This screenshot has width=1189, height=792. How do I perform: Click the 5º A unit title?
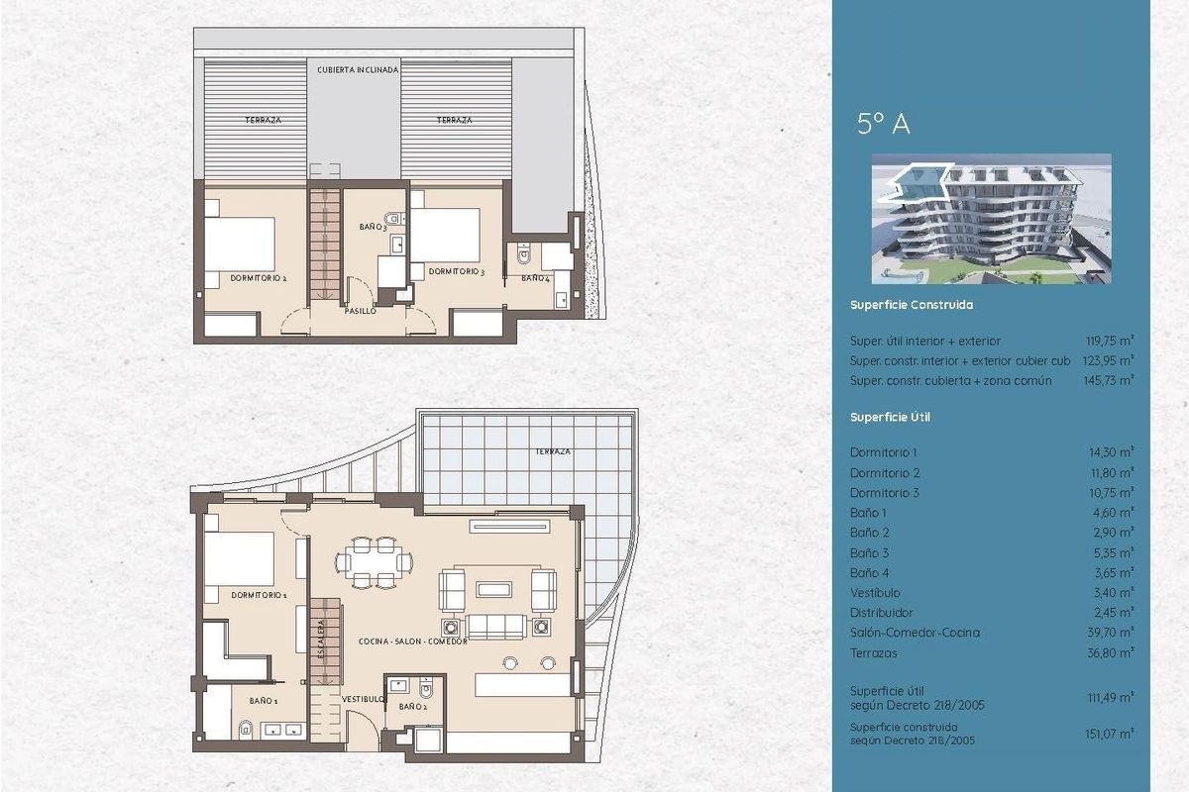[x=883, y=124]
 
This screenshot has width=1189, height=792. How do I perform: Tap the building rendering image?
[x=990, y=219]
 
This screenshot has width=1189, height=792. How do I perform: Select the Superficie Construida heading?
[x=911, y=305]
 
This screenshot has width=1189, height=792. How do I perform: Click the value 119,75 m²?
[x=1111, y=341]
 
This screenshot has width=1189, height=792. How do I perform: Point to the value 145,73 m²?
[x=1110, y=380]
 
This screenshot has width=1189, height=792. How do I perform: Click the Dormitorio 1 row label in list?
[x=885, y=451]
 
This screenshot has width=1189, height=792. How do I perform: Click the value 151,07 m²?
[x=1111, y=734]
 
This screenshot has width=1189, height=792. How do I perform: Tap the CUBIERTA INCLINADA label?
[x=358, y=70]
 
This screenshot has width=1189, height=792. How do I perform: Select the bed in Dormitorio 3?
[x=445, y=234]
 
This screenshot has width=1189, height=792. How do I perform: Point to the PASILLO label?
[x=360, y=311]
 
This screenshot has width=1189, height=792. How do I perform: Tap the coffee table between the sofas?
[x=494, y=589]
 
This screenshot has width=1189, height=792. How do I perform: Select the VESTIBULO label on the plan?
[x=363, y=699]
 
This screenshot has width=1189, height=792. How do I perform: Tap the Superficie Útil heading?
[x=890, y=417]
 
